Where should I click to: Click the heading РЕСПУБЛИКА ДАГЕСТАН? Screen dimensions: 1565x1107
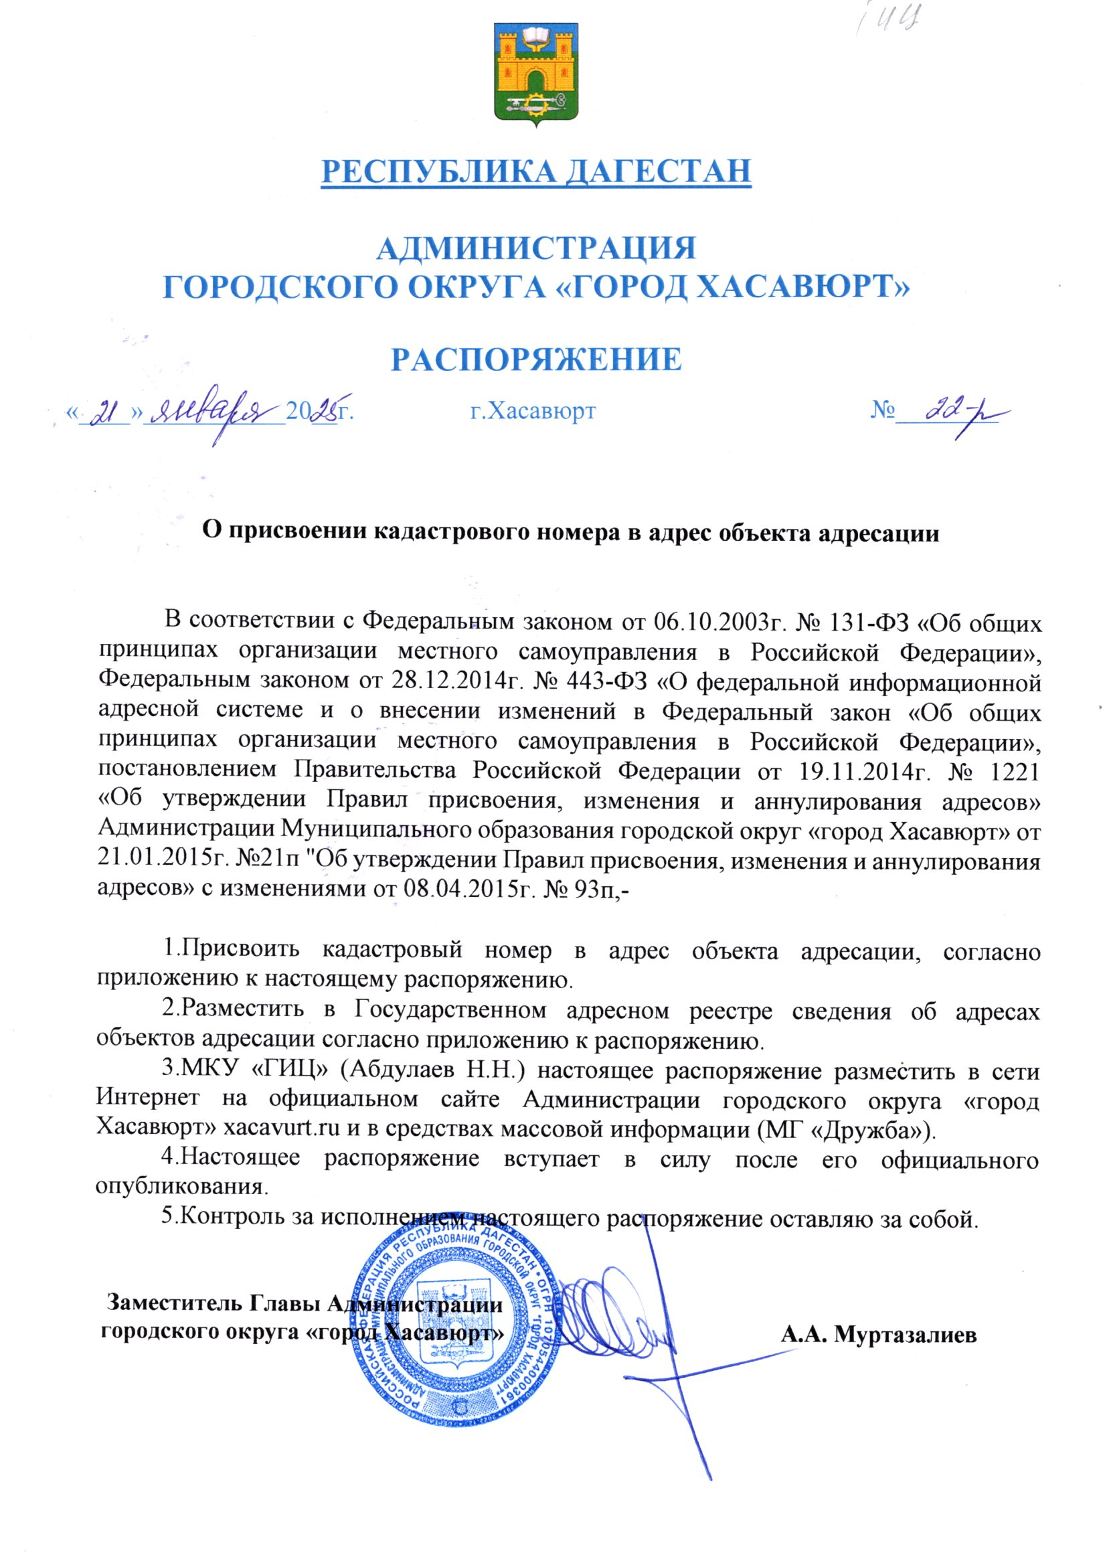[x=536, y=171]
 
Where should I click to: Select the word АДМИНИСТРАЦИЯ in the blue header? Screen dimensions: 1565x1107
[x=536, y=248]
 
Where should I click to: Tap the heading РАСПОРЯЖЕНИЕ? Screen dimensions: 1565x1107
[x=536, y=359]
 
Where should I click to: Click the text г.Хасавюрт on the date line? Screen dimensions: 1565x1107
[x=533, y=411]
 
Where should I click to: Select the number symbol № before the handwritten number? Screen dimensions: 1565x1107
[x=882, y=411]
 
